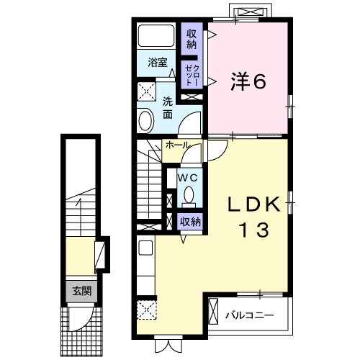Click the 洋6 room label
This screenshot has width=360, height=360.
[x=249, y=81]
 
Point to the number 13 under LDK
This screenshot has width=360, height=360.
[x=253, y=230]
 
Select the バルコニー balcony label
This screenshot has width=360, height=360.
[x=249, y=315]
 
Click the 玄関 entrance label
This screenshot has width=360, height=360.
[x=81, y=291]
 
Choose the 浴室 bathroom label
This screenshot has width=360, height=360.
[x=158, y=63]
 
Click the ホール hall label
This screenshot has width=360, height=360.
[x=177, y=145]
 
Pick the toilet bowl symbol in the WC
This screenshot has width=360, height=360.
[x=189, y=194]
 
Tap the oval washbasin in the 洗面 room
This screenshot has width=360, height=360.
[x=145, y=119]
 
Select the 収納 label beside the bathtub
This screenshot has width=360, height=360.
[x=192, y=39]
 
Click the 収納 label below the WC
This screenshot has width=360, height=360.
[x=189, y=221]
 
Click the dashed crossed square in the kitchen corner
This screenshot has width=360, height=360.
[x=146, y=310]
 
